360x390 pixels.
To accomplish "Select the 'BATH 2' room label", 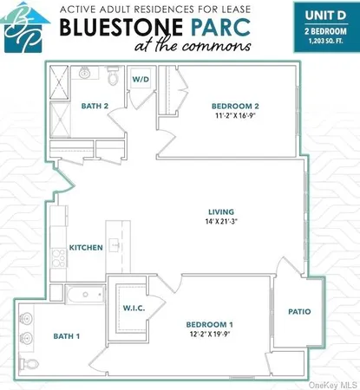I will tap(93, 107).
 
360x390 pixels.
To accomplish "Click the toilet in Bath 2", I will tap(113, 77).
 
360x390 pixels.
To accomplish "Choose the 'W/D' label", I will tap(140, 79).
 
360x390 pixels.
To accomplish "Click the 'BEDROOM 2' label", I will tap(233, 107).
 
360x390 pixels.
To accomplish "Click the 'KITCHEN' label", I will tap(87, 247).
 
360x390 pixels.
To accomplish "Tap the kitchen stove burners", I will tap(58, 256).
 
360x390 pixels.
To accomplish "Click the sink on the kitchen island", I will tap(114, 245).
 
